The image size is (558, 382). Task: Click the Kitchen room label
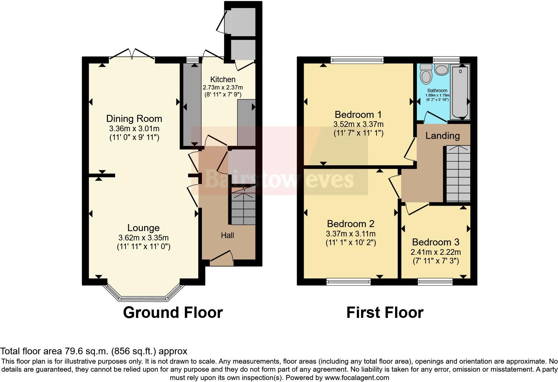tap(223, 79)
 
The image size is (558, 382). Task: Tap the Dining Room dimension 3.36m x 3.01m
tap(134, 129)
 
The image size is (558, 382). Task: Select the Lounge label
tap(144, 228)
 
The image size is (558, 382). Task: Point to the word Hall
tap(227, 235)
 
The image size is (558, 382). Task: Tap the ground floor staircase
tap(243, 209)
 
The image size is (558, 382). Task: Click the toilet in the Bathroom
tap(426, 73)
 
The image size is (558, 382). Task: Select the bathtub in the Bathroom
tap(461, 92)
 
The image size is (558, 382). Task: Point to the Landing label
tap(443, 136)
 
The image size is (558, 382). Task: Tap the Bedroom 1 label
tap(358, 115)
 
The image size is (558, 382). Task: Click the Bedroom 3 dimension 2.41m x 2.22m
tap(436, 252)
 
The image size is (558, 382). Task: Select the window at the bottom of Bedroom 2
tap(348, 281)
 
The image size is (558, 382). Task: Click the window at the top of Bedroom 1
tap(357, 60)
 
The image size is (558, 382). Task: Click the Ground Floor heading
tap(173, 313)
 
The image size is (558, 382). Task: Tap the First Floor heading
tap(384, 313)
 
